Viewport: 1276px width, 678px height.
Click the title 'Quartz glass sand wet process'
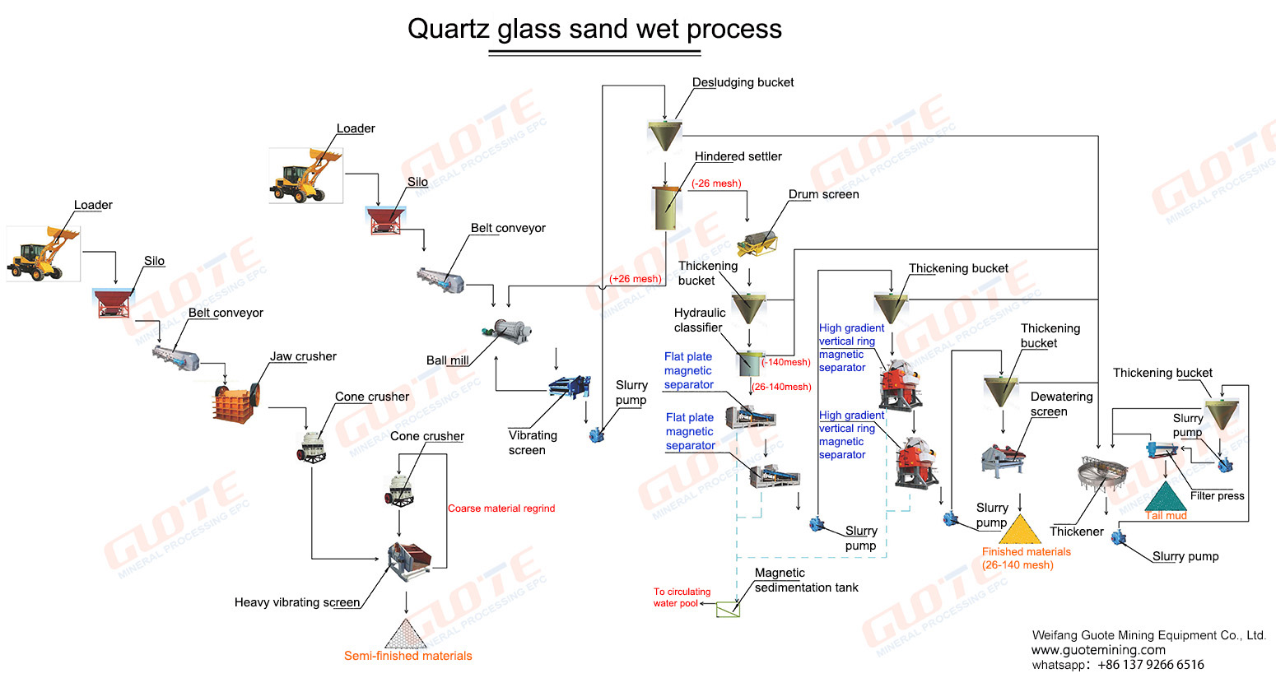(594, 29)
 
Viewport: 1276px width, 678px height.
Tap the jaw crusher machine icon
(238, 403)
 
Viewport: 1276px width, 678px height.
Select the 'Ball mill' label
(448, 360)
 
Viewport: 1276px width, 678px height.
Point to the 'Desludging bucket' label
(743, 82)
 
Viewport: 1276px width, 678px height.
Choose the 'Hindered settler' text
(738, 156)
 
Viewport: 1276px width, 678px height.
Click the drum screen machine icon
(758, 243)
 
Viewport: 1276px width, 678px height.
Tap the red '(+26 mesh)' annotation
(636, 279)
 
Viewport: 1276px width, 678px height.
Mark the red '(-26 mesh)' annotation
(716, 183)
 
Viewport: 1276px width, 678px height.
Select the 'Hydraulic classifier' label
(699, 320)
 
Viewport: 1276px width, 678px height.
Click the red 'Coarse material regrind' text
(501, 508)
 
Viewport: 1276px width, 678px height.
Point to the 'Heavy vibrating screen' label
(297, 602)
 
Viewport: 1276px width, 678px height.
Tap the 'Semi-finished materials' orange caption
(407, 656)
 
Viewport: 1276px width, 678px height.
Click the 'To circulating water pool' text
(682, 597)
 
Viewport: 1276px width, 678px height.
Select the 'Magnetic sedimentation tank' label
(805, 580)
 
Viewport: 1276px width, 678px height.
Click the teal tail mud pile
(1165, 499)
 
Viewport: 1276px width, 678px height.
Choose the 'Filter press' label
(1217, 495)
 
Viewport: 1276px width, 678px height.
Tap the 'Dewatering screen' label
(1060, 404)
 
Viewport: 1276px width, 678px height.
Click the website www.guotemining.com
(1098, 650)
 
